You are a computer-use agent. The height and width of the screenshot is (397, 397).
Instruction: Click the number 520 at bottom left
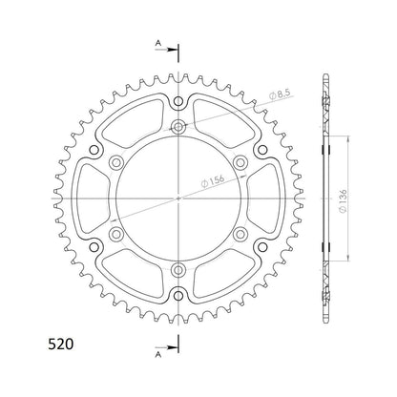pyautogui.click(x=61, y=345)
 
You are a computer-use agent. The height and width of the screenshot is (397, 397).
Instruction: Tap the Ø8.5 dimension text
pyautogui.click(x=280, y=94)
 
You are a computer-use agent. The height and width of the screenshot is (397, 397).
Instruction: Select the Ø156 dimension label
pyautogui.click(x=213, y=180)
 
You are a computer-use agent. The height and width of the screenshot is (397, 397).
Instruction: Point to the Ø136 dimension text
pyautogui.click(x=343, y=201)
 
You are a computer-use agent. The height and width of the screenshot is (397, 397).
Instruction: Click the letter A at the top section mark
pyautogui.click(x=158, y=43)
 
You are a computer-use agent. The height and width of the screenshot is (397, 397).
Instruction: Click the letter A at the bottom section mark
pyautogui.click(x=158, y=355)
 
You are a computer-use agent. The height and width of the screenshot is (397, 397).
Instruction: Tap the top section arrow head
pyautogui.click(x=172, y=50)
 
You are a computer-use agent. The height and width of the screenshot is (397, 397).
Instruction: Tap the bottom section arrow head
pyautogui.click(x=172, y=347)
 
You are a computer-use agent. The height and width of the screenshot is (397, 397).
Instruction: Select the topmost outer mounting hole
pyautogui.click(x=178, y=102)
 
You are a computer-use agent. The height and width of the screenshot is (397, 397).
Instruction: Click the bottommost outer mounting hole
pyautogui.click(x=178, y=296)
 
